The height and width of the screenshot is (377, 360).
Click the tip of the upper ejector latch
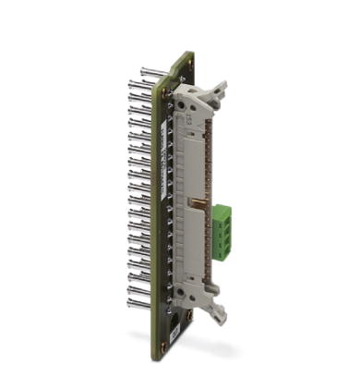coord(222,85)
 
